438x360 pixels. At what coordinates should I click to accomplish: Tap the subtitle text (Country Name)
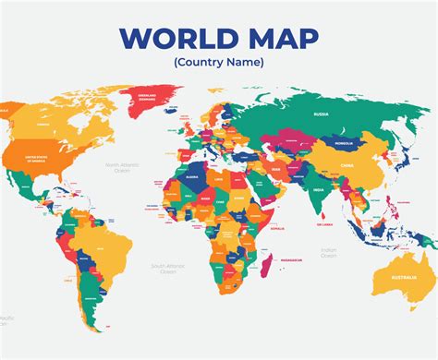click(218, 63)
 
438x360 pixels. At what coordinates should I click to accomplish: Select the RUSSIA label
click(321, 114)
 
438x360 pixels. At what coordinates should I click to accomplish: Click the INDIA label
click(317, 191)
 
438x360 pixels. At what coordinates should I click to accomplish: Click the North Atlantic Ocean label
click(122, 167)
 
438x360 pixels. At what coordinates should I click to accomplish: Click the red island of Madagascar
click(265, 268)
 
